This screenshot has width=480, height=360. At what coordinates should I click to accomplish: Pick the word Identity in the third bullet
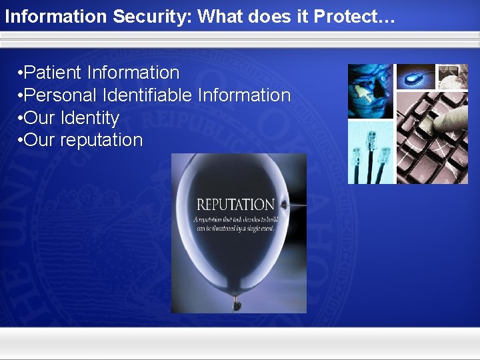coord(90,118)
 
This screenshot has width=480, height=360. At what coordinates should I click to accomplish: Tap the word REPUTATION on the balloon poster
coord(235,205)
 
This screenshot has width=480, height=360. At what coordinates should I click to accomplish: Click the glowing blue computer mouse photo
coord(415,77)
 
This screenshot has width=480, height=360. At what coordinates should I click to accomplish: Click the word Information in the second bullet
coord(245,95)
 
